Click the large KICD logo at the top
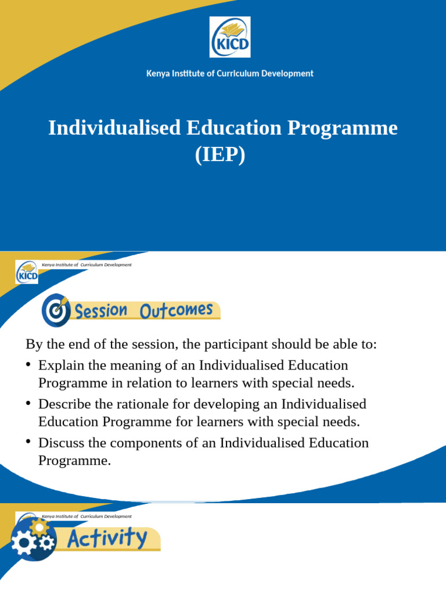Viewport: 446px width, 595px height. (229, 37)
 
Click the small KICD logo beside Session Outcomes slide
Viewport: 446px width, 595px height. (27, 272)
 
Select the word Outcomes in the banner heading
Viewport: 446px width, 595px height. (176, 310)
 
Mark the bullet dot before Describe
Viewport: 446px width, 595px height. (28, 403)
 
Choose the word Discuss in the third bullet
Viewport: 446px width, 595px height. (60, 443)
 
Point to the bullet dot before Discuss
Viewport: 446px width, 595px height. (28, 442)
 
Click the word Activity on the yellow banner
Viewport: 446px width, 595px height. (108, 538)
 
